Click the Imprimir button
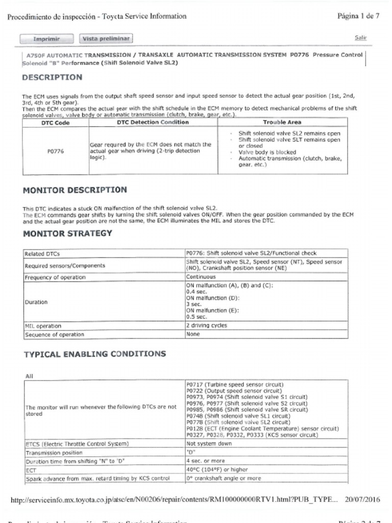pos(47,38)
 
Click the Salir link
pos(360,38)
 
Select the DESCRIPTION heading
pos(52,78)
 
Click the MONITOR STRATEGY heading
pos(67,234)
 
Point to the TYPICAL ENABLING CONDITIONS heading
pos(95,353)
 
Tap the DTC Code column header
pos(55,122)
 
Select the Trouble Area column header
pos(282,122)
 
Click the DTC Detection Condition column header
pos(153,122)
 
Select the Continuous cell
pos(201,277)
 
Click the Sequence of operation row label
pos(54,335)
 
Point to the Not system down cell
pos(209,443)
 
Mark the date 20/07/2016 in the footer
pos(363,500)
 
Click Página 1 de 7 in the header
pos(358,16)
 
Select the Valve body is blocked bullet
pos(267,152)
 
